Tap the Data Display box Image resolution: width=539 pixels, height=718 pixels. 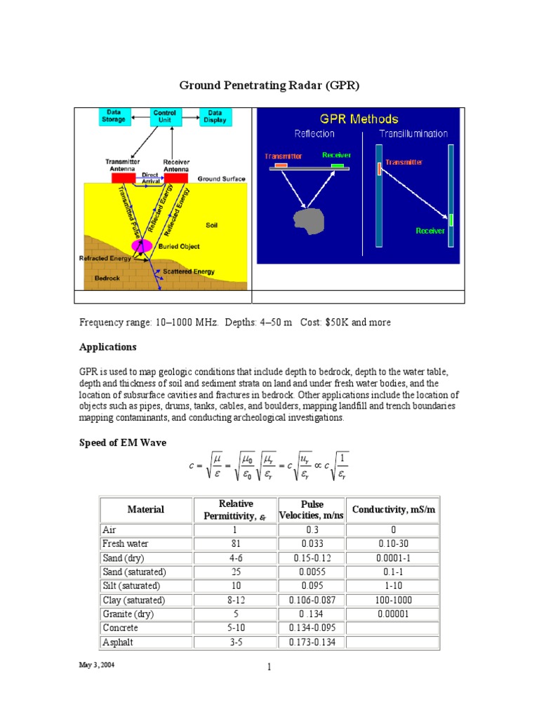(215, 116)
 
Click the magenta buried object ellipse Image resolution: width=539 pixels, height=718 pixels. (142, 245)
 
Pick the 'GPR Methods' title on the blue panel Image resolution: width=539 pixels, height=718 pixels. (359, 119)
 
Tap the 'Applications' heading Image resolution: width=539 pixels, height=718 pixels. (107, 347)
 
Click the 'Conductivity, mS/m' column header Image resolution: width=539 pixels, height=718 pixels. (394, 509)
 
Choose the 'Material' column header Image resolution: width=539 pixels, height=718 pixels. (146, 510)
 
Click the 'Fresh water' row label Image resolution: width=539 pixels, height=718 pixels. (126, 543)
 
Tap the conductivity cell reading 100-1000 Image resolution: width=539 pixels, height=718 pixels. (394, 600)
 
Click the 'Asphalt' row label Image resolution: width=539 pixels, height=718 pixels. (119, 642)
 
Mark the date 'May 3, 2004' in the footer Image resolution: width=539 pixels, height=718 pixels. (96, 665)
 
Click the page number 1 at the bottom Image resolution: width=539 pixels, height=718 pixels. (269, 668)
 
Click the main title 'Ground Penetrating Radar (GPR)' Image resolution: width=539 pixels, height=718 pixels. (269, 86)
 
